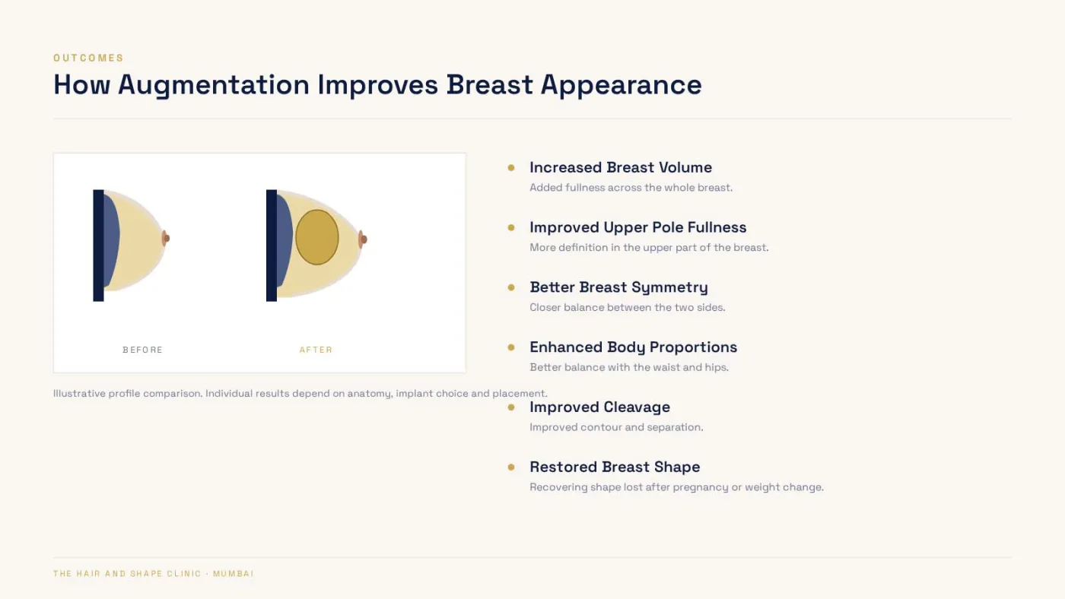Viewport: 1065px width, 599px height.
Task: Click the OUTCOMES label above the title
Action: (88, 58)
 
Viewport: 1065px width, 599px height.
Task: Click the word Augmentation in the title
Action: (214, 85)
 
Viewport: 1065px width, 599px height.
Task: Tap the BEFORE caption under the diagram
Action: (143, 350)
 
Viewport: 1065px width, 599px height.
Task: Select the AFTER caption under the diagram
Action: (316, 350)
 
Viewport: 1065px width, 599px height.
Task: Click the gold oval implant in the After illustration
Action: (317, 237)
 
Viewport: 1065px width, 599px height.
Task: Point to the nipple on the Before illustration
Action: (166, 239)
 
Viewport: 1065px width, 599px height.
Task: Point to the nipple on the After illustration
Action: (363, 239)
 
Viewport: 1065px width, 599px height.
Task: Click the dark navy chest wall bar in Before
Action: (98, 246)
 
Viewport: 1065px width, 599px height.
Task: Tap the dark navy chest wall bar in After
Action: (272, 246)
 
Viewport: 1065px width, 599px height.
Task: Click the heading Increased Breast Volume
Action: (621, 168)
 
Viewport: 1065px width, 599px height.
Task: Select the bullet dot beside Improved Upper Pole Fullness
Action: (511, 227)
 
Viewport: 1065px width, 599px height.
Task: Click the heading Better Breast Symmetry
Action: (619, 287)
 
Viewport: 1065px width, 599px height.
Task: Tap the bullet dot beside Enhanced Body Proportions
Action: (511, 347)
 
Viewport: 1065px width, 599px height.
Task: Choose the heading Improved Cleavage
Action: (600, 407)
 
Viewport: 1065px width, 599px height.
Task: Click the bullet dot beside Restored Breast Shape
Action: (511, 467)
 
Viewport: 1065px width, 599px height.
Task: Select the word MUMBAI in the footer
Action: (234, 574)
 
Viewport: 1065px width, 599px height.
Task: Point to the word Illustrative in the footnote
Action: (79, 393)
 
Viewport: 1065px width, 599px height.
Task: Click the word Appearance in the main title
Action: (621, 85)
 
